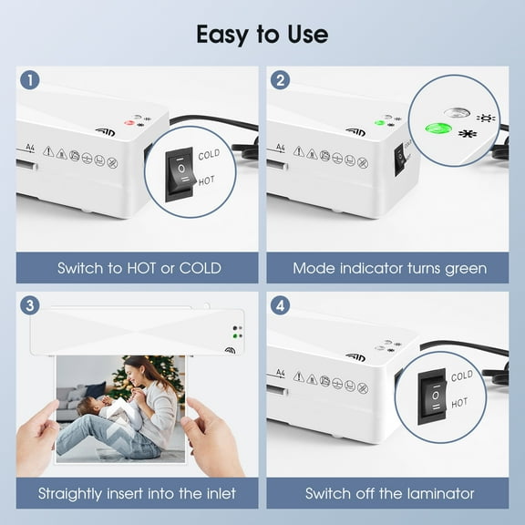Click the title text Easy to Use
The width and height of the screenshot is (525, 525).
click(262, 35)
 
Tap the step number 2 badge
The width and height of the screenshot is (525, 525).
click(281, 80)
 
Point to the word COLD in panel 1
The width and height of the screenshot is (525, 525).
click(210, 155)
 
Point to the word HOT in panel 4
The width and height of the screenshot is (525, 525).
click(461, 402)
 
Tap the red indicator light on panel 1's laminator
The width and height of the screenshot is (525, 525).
click(129, 121)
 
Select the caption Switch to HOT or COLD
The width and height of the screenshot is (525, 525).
click(139, 268)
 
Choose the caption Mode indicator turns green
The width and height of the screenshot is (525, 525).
click(389, 268)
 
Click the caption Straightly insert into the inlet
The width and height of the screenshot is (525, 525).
click(137, 493)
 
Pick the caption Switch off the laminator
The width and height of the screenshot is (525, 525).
click(389, 493)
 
